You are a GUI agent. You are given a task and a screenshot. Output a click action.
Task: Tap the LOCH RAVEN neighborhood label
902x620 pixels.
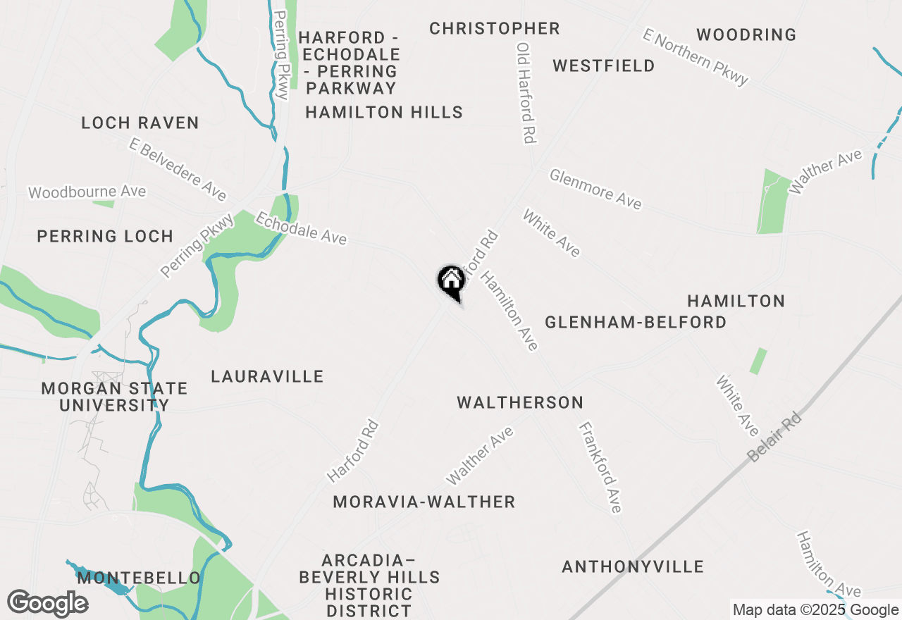pos(140,123)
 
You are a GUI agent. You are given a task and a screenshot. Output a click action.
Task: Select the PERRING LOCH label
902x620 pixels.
pos(105,237)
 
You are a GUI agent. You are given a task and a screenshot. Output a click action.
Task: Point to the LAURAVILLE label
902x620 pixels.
pos(267,377)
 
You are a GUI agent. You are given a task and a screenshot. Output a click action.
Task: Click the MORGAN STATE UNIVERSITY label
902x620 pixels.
pos(114,397)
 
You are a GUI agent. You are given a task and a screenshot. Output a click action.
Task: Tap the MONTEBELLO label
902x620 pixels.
pos(139,578)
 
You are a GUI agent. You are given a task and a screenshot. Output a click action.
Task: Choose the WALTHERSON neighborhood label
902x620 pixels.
pos(520,403)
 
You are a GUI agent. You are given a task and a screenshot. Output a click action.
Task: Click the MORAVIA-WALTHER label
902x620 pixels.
pos(424,502)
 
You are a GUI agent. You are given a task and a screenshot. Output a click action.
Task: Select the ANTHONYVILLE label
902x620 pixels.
pos(633,567)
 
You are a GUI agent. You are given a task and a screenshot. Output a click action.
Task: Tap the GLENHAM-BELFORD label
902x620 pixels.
pos(636,323)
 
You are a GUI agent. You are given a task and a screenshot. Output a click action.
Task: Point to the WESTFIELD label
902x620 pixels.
pos(604,66)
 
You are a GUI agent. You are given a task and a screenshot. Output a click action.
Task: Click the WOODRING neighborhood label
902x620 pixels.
pos(746,35)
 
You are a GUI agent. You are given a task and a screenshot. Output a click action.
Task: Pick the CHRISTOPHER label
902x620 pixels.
pos(495,29)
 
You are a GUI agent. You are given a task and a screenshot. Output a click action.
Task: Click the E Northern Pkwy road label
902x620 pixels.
pos(696,57)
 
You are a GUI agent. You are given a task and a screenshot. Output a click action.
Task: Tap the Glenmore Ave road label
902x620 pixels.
pos(596,189)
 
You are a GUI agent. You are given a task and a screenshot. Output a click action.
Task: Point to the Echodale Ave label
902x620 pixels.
pos(301,229)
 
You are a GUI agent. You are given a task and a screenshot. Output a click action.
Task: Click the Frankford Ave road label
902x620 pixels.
pos(600,467)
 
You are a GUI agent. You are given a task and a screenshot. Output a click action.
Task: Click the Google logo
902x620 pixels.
pos(48,603)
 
